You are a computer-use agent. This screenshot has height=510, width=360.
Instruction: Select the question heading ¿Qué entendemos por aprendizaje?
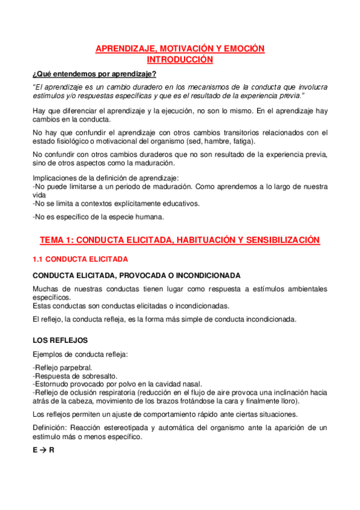94,74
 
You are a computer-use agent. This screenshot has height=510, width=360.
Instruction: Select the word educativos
180,203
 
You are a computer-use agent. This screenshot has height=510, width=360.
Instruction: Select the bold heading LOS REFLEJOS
60,340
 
